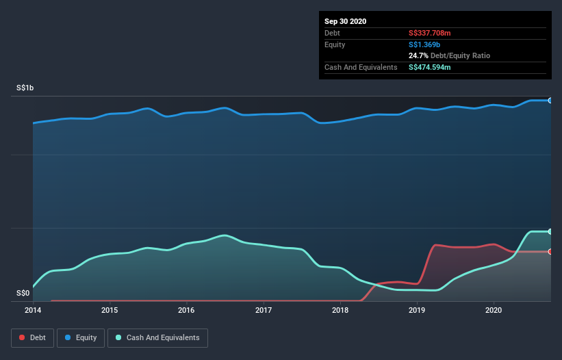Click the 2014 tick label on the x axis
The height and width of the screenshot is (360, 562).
(x=32, y=310)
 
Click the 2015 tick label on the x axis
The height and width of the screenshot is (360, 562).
(x=110, y=310)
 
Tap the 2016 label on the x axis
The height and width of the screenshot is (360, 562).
(x=186, y=310)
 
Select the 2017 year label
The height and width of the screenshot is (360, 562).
(x=264, y=310)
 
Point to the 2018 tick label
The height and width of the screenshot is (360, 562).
(x=340, y=310)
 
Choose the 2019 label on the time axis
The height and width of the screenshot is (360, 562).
(x=417, y=310)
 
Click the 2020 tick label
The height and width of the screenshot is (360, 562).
(x=494, y=310)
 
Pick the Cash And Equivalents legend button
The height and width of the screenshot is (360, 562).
(x=157, y=337)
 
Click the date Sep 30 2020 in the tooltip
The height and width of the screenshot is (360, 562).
(x=346, y=21)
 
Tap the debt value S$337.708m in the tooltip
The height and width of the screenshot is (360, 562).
(x=430, y=33)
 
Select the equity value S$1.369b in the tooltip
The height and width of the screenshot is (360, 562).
(x=424, y=44)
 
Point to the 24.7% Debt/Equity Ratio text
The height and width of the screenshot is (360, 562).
(x=449, y=55)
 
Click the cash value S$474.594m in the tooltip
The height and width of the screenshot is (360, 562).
(x=430, y=67)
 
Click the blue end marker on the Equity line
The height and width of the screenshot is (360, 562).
(x=550, y=101)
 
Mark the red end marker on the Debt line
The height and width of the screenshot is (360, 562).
(x=550, y=252)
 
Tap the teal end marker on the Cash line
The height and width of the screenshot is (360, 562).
(x=550, y=231)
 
